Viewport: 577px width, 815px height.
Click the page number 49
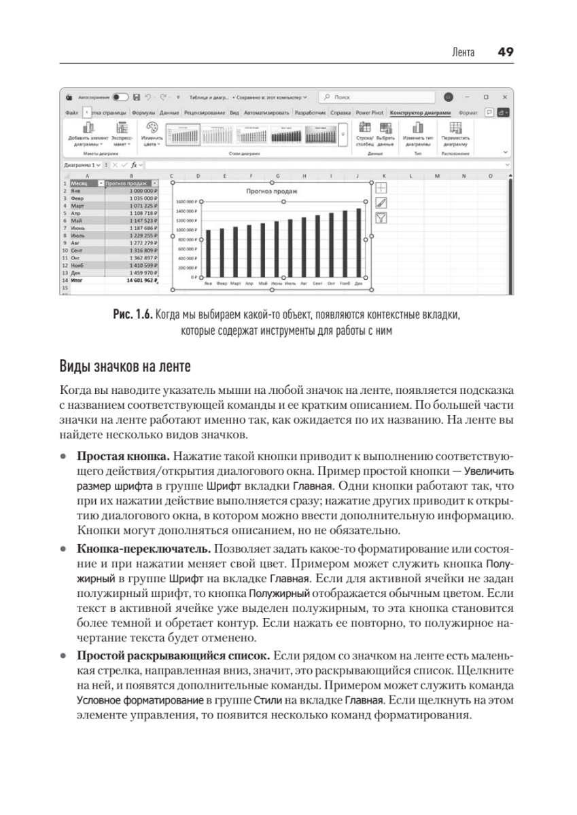click(505, 52)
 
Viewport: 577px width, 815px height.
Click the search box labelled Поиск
click(367, 98)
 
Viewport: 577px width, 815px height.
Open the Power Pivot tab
click(369, 113)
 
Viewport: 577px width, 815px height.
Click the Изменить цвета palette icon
click(152, 129)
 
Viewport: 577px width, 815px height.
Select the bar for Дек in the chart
click(358, 243)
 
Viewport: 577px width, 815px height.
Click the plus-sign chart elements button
click(381, 187)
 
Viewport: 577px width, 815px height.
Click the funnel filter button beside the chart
click(381, 217)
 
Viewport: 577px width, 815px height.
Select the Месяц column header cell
click(83, 183)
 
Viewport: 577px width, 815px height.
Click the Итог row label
click(76, 279)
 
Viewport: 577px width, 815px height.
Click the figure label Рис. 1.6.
click(133, 316)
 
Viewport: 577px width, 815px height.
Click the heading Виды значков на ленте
click(126, 368)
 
